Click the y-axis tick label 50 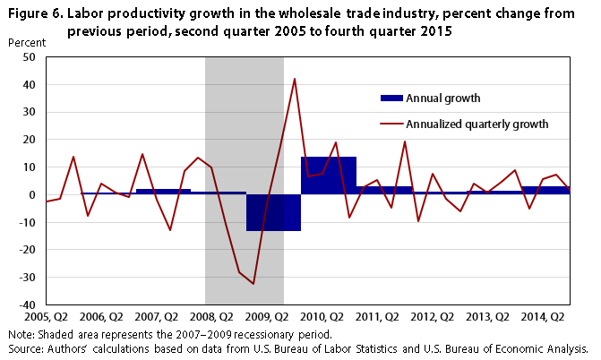click(x=28, y=56)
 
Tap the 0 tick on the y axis click(x=31, y=194)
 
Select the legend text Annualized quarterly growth click(x=477, y=124)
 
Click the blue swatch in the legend click(x=391, y=98)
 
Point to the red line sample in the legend click(x=391, y=124)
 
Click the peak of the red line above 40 click(x=295, y=79)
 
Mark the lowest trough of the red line click(x=253, y=284)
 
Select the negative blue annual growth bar click(x=273, y=212)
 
